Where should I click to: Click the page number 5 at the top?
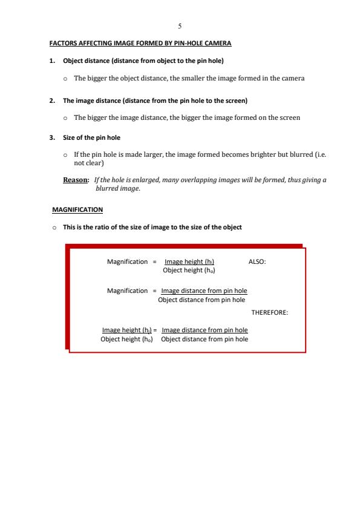point(180,27)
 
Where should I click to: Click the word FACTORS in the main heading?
point(62,44)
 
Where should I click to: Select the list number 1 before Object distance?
point(51,61)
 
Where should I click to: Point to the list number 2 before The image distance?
point(51,100)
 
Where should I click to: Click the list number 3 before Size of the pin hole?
point(51,138)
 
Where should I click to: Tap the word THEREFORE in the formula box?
point(269,313)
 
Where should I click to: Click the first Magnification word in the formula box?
point(127,261)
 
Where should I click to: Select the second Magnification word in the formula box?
point(127,291)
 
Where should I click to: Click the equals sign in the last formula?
point(155,330)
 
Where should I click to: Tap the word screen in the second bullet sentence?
point(287,117)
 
